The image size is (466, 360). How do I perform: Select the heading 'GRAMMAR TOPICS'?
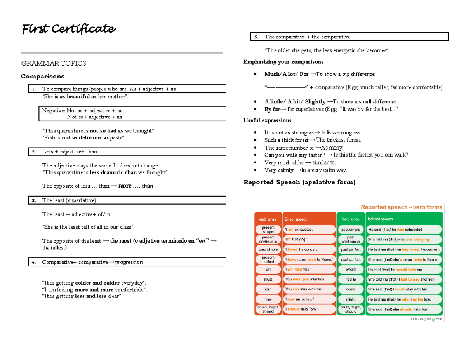54,64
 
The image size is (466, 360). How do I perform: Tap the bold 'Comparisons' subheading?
43,76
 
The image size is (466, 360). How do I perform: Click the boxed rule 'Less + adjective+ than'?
70,151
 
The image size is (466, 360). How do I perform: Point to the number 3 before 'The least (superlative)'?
34,200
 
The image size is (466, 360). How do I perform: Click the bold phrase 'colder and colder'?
97,282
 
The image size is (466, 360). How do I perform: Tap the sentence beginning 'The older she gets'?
326,50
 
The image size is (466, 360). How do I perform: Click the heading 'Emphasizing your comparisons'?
283,62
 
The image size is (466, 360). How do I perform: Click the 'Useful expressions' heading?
267,121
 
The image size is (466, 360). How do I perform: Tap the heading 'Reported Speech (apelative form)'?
299,182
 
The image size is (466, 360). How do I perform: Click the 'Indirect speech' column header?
380,219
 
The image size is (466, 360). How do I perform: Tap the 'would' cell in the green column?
350,269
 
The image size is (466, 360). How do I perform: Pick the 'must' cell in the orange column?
268,279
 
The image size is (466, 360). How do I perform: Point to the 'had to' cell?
350,279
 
